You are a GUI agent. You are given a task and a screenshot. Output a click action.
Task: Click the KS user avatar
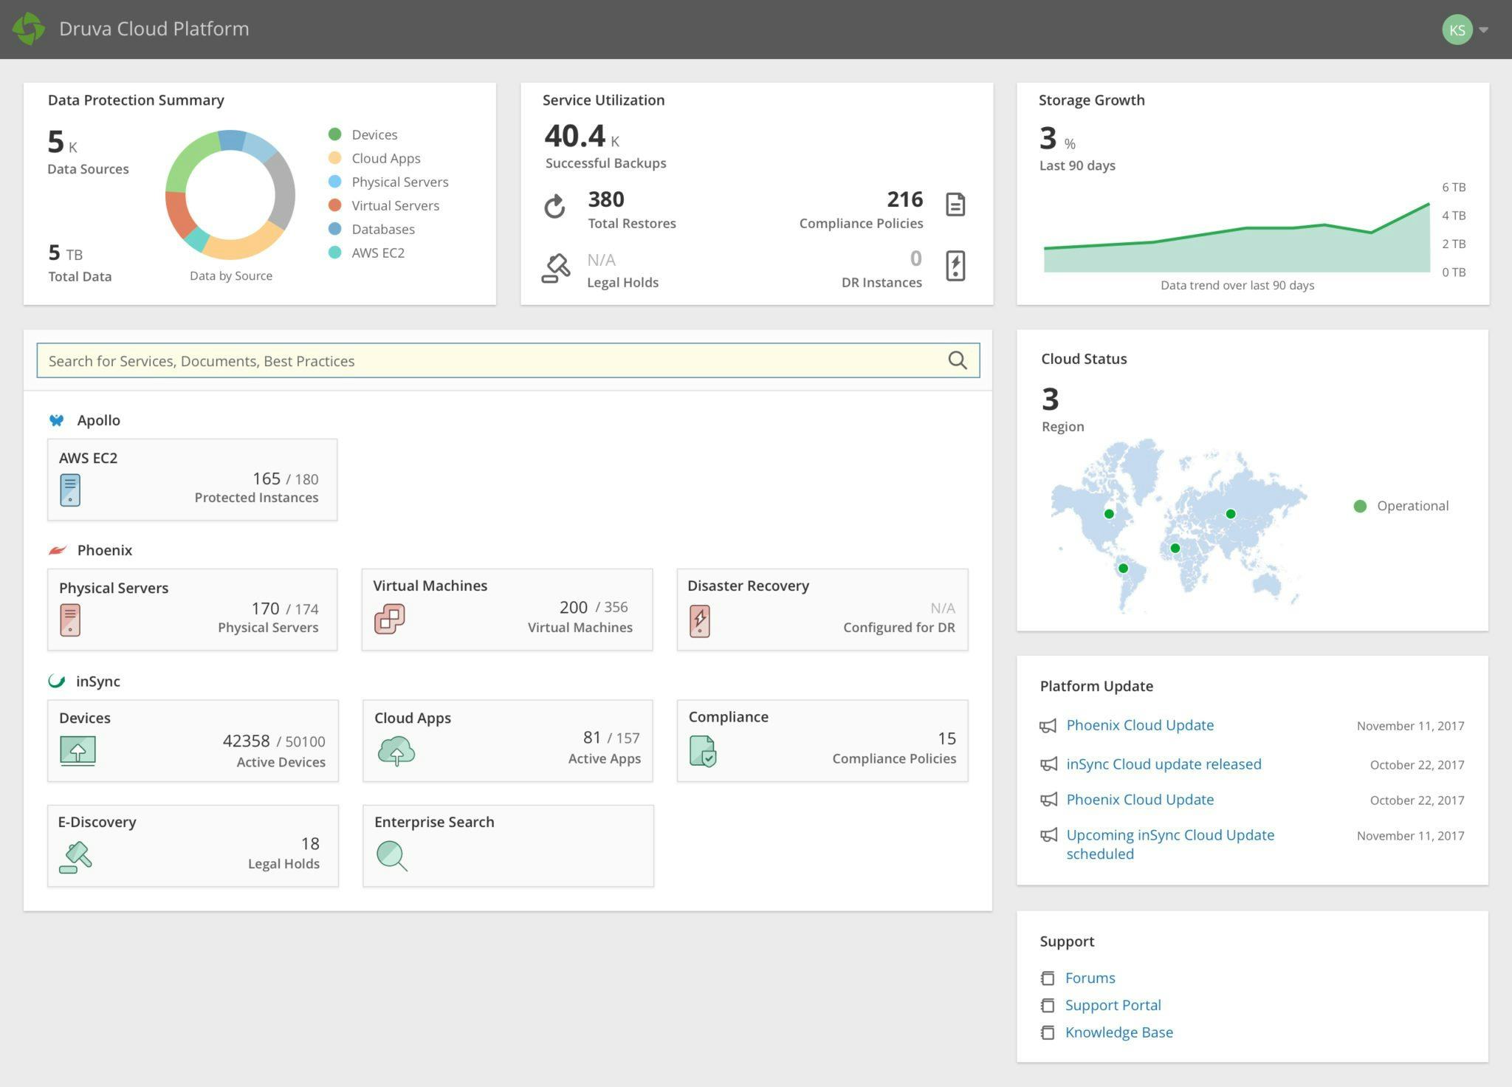pos(1457,30)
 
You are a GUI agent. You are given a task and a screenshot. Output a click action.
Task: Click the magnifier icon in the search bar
pos(957,360)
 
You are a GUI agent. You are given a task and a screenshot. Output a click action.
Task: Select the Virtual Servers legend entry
pos(395,205)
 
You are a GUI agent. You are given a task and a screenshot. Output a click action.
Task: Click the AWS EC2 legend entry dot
pos(334,253)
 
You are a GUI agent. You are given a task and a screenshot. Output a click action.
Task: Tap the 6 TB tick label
pos(1453,188)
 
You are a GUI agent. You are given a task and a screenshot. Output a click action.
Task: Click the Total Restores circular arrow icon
pos(555,207)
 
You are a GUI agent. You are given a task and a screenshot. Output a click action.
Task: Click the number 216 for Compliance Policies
pos(904,199)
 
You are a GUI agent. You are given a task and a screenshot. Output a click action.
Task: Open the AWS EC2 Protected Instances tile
pos(192,480)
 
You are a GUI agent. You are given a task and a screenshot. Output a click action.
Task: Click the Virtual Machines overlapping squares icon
pos(389,619)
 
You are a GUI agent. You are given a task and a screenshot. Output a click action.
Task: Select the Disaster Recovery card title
pos(748,586)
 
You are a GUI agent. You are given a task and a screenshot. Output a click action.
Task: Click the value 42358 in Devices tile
pos(246,741)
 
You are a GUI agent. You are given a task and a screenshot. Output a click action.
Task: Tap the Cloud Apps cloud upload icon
pos(396,751)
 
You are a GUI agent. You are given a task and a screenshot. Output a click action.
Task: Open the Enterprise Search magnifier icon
pos(391,856)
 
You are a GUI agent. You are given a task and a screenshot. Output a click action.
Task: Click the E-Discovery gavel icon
pos(75,857)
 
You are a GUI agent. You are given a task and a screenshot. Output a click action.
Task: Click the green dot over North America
pos(1109,514)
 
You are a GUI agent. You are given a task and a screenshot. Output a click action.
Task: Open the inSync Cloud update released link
pos(1164,764)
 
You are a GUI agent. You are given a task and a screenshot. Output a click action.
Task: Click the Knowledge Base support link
pos(1118,1032)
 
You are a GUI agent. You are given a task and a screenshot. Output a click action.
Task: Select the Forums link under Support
pos(1090,978)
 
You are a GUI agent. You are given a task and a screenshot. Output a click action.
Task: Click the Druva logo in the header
pos(29,29)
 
